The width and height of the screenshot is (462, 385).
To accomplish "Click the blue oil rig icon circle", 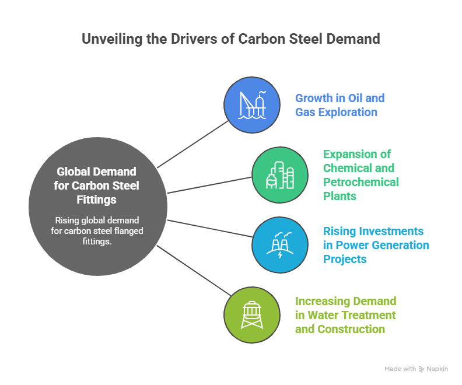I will pos(253,104).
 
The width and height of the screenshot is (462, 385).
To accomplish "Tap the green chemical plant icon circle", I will pos(280,174).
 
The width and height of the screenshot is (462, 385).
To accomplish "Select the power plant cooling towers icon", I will pos(280,244).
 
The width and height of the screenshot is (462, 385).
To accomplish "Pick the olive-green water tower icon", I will pos(253,314).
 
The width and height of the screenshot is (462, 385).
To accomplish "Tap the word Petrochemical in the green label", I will pos(361,182).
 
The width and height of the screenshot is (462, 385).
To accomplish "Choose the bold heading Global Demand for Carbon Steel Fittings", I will pos(97,185).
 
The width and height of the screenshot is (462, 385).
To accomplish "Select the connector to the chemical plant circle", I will pos(209,184).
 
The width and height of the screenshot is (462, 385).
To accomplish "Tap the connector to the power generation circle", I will pos(209,229).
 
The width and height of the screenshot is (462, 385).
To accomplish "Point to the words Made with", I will pos(400,369).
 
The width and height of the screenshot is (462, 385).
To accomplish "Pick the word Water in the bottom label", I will pos(323,315).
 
